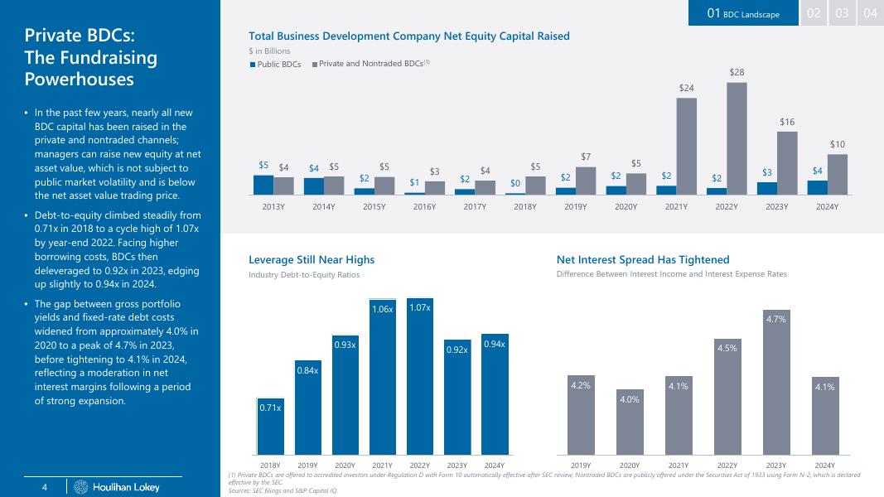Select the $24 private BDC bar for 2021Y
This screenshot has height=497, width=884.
click(x=686, y=146)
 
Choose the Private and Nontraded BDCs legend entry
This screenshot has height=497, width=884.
click(x=370, y=64)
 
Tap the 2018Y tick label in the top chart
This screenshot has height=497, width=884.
click(x=526, y=206)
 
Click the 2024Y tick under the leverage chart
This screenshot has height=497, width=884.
click(x=495, y=465)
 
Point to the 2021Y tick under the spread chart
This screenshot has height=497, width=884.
click(x=679, y=465)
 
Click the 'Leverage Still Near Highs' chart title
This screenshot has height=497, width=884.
click(x=312, y=260)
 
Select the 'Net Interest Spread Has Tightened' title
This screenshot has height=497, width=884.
click(x=643, y=260)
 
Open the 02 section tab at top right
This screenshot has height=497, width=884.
click(x=814, y=13)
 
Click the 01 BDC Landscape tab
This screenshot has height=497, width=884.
click(x=742, y=13)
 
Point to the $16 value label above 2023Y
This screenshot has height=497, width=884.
click(x=787, y=122)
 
